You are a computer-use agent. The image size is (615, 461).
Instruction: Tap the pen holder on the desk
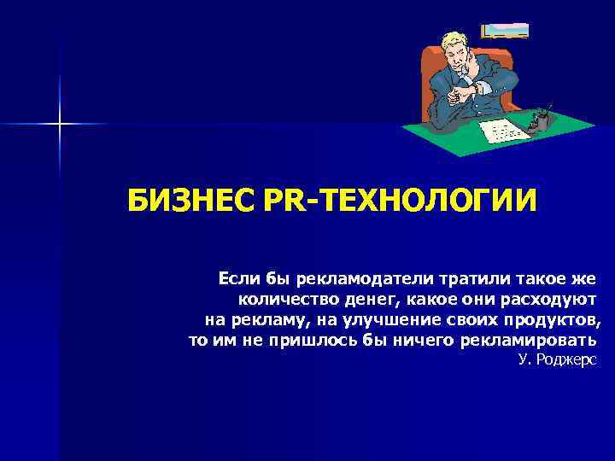pos(538,121)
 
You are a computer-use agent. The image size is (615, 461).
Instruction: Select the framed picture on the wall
pos(505,30)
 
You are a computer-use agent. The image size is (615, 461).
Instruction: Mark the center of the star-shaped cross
pos(60,125)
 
